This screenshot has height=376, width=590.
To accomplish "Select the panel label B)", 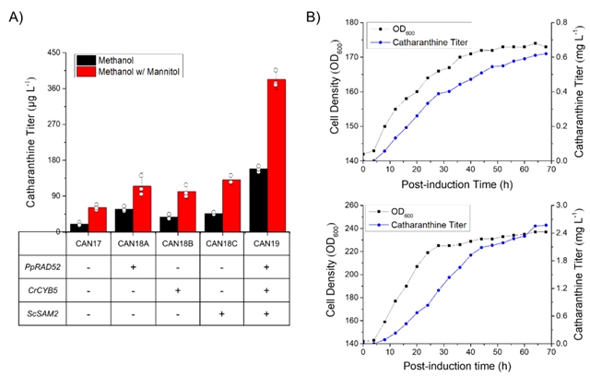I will coord(313,15).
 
